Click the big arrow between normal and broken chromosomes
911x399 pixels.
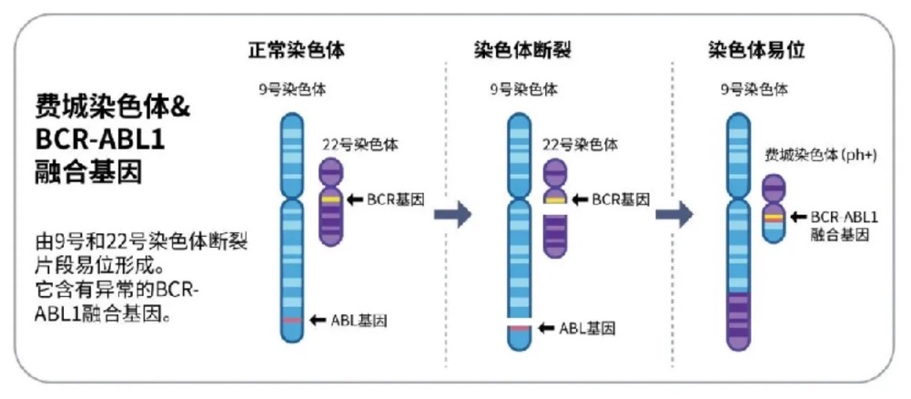(x=452, y=215)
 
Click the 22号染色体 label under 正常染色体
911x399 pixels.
(x=360, y=144)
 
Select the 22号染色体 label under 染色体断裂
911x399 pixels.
(x=580, y=144)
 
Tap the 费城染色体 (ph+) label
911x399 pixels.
(x=820, y=156)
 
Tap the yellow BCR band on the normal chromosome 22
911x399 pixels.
(x=330, y=199)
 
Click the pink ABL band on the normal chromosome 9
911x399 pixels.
(x=291, y=321)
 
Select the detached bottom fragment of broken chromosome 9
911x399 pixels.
(x=518, y=336)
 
